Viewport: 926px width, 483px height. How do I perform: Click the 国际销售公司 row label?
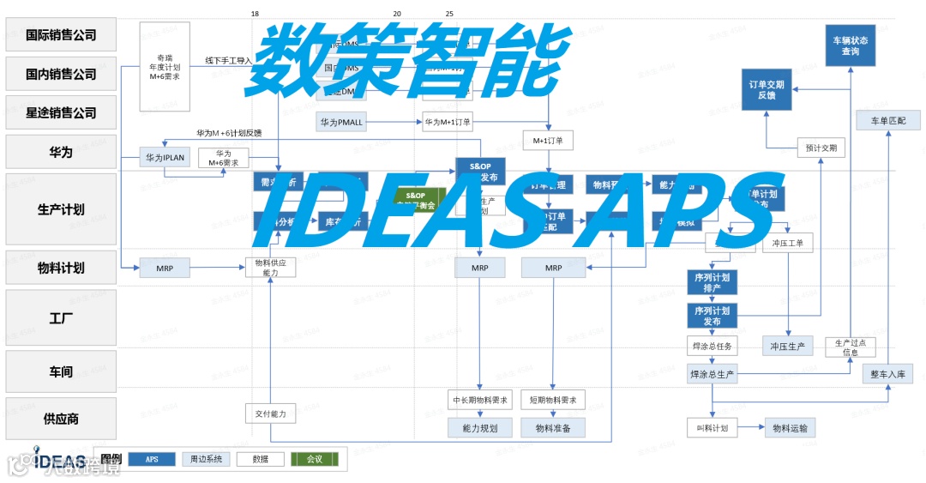[x=61, y=36]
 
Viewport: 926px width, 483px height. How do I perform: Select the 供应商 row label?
[x=61, y=419]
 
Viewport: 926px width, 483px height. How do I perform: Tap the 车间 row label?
[x=61, y=372]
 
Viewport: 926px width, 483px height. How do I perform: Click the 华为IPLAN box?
[x=164, y=158]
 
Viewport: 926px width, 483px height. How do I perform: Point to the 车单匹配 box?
[x=887, y=120]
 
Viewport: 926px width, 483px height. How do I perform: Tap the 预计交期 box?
[x=821, y=148]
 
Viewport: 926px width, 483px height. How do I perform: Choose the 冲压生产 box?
[x=787, y=346]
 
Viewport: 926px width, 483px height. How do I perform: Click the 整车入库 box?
[x=887, y=373]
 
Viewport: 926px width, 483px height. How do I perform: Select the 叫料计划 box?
[x=712, y=427]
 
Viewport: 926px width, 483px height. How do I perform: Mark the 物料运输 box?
[x=790, y=427]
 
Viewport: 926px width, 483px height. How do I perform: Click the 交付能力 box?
[x=271, y=414]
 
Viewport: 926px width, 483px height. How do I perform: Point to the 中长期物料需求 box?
[x=481, y=400]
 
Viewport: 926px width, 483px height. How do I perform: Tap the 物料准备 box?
[x=553, y=427]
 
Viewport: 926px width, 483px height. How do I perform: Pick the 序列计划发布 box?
[x=713, y=316]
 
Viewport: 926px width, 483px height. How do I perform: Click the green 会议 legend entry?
[x=315, y=459]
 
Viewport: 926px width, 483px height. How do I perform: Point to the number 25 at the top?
[x=450, y=14]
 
